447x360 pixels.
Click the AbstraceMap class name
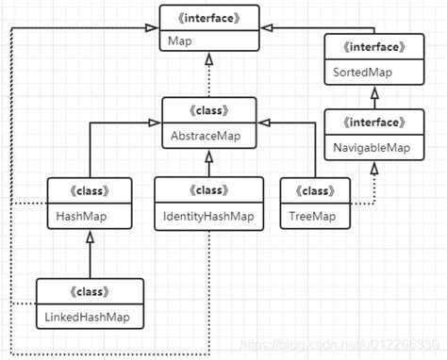tap(205, 134)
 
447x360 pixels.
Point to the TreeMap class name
tap(309, 216)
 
